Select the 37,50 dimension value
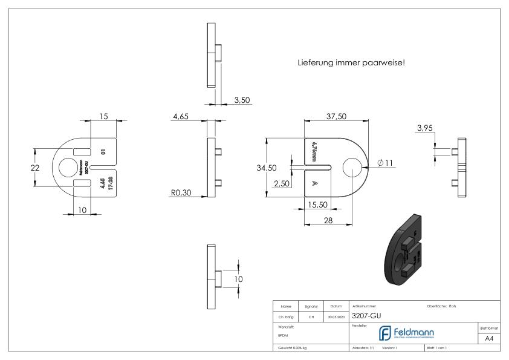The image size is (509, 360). pos(336,116)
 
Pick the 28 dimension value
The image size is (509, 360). pos(328,221)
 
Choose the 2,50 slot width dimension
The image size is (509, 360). pos(280,183)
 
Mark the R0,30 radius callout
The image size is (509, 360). pos(180,194)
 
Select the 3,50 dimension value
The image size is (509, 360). pos(242,100)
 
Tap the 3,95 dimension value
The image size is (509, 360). pos(426,128)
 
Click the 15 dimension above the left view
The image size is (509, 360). pos(104,116)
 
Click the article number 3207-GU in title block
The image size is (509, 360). pos(366,315)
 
